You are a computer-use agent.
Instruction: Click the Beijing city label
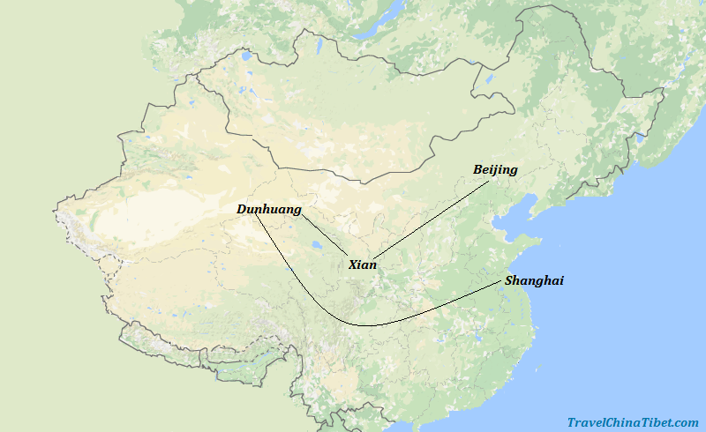point(495,169)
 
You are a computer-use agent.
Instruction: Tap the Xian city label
point(363,264)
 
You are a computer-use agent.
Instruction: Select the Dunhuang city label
point(269,210)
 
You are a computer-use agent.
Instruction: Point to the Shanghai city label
point(534,280)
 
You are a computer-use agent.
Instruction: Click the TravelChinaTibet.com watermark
point(633,422)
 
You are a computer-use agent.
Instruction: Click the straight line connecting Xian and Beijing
point(432,215)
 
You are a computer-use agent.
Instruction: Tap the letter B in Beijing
point(478,169)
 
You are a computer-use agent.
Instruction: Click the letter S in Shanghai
point(509,280)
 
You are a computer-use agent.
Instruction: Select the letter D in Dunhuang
point(242,210)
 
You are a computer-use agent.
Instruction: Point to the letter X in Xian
point(353,264)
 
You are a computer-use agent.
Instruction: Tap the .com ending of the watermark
point(686,422)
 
